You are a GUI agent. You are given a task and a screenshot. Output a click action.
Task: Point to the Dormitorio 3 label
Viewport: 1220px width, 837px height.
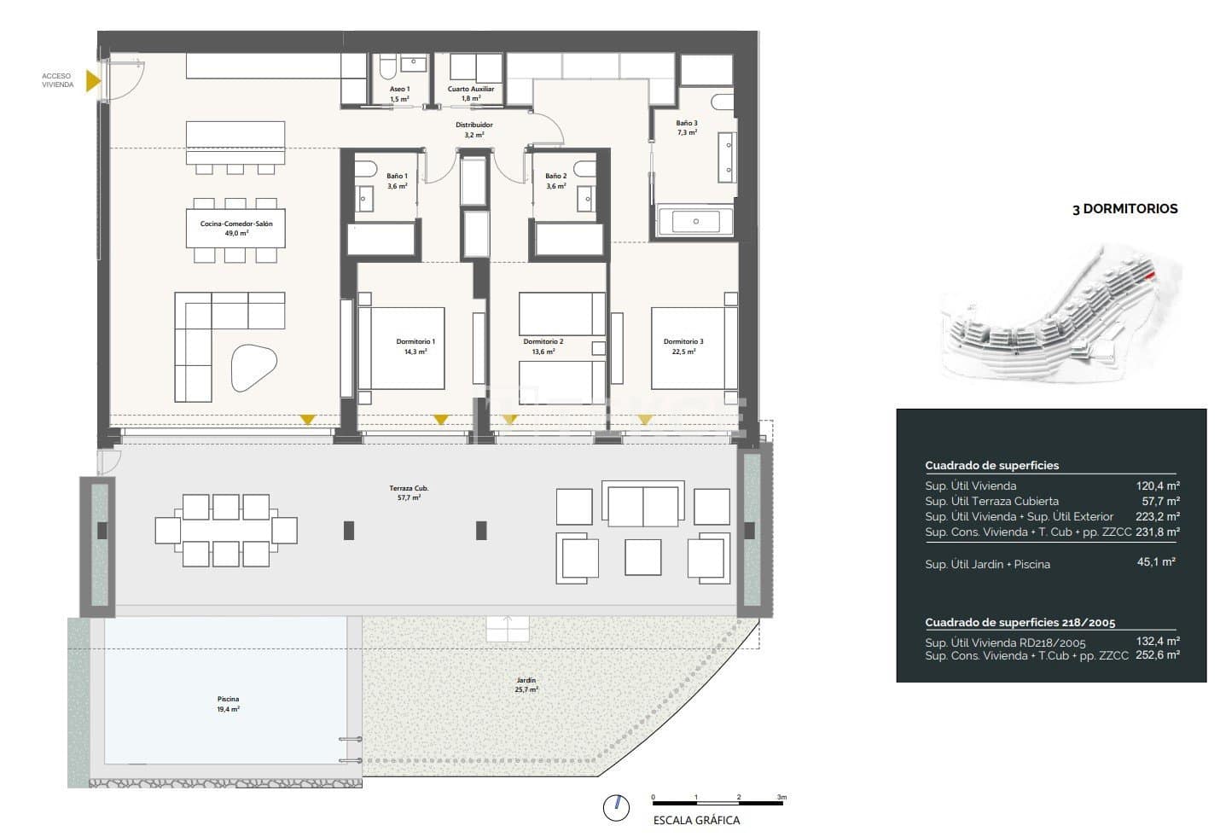[683, 346]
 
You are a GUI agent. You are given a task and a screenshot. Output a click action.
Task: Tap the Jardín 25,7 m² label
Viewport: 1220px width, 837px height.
[526, 684]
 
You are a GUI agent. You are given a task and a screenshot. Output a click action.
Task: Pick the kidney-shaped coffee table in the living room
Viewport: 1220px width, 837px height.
[253, 367]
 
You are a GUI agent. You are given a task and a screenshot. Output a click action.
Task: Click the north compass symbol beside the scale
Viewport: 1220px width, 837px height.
[616, 807]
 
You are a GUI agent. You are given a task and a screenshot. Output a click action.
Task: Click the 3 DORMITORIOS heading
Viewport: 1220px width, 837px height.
[1124, 209]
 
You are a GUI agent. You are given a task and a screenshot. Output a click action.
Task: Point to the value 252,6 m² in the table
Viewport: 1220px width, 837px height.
[1157, 655]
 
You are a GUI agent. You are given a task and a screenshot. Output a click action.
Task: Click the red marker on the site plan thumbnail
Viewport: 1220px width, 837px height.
[1152, 275]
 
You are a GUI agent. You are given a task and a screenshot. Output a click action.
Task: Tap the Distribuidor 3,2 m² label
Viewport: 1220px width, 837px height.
[473, 130]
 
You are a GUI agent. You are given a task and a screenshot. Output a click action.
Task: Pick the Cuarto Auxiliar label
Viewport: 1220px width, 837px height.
[471, 93]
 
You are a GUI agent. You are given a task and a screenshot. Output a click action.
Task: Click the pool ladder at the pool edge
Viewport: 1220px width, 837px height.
[350, 749]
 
